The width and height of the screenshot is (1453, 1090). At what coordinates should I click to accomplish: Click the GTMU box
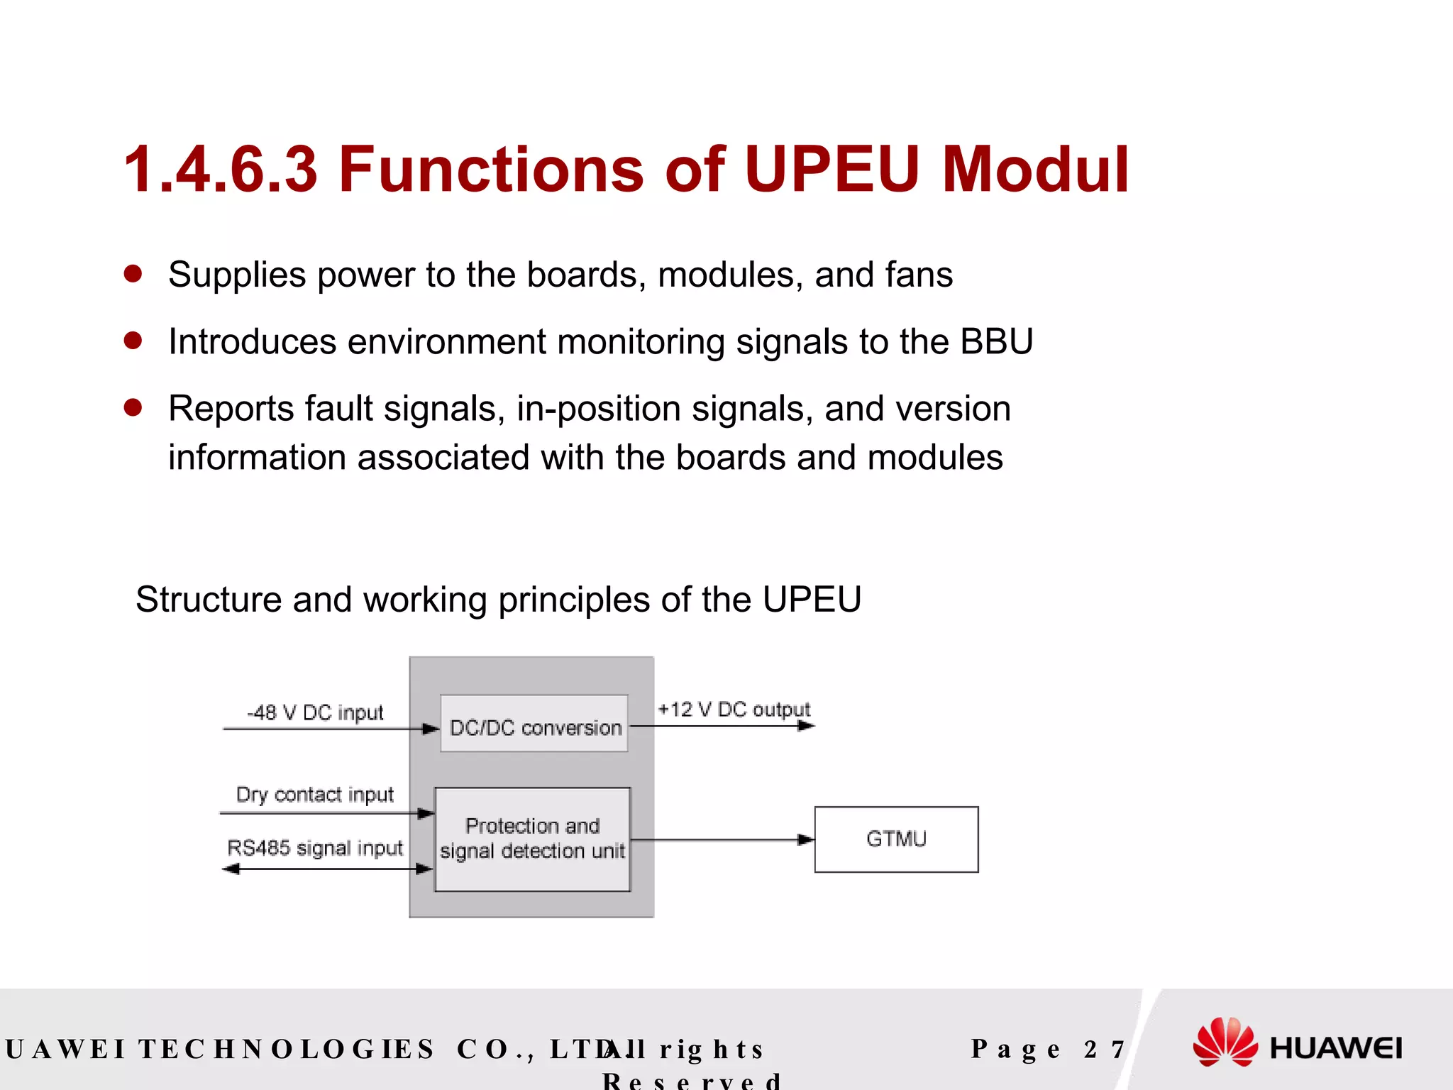pos(896,839)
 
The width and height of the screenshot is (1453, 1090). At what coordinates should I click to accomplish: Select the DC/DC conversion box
pos(534,724)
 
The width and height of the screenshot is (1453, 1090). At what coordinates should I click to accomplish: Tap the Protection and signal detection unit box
pos(532,839)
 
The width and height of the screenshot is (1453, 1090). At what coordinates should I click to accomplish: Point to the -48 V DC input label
pos(315,712)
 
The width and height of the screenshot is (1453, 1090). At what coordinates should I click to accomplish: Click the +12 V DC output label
pos(734,709)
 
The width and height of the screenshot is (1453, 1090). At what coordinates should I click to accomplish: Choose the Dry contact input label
pos(314,794)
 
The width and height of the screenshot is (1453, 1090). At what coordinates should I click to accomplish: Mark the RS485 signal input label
pos(314,848)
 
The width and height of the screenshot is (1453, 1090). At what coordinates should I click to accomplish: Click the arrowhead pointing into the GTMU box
pos(806,840)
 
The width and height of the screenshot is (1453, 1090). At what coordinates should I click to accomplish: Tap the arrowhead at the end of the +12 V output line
pos(806,726)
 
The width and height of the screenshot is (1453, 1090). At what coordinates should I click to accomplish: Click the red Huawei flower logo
pos(1225,1042)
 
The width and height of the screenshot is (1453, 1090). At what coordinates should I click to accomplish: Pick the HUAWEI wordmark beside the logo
pos(1335,1048)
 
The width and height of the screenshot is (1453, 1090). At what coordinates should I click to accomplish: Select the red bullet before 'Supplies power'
pos(133,274)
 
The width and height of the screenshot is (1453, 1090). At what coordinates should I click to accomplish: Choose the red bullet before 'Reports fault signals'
pos(133,408)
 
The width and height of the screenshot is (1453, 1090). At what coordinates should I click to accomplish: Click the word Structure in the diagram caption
pos(209,600)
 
